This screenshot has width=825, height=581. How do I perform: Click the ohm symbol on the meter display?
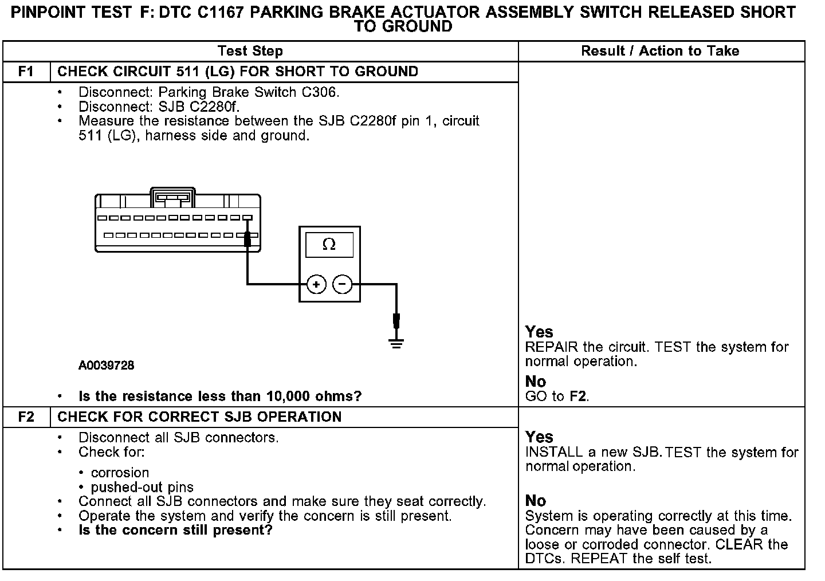[x=329, y=245]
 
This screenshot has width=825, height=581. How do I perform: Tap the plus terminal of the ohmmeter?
[x=316, y=284]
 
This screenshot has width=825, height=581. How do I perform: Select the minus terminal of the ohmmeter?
[x=343, y=284]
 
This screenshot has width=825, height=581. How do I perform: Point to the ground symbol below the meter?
[x=396, y=343]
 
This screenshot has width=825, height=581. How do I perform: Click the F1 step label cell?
[x=26, y=72]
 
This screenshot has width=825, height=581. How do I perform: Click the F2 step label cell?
[x=26, y=417]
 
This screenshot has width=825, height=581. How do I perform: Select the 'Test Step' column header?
[x=250, y=51]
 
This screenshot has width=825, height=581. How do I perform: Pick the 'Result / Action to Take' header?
[x=660, y=51]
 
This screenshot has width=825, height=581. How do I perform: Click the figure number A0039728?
[x=107, y=365]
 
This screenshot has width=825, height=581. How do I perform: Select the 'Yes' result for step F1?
[x=539, y=332]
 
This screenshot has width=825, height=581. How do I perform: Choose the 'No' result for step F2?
[x=536, y=500]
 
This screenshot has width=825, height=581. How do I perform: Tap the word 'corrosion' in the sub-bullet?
[x=120, y=473]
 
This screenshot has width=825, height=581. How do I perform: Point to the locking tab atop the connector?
[x=172, y=197]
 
